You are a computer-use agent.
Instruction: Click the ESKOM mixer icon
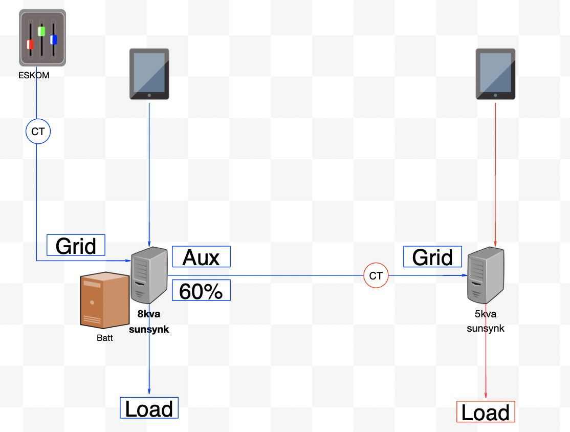(42, 38)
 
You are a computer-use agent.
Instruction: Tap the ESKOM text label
(34, 75)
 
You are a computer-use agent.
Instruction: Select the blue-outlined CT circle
(38, 132)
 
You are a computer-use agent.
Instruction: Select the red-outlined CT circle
(376, 276)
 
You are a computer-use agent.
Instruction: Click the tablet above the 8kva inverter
(149, 74)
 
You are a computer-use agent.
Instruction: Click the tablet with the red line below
(495, 74)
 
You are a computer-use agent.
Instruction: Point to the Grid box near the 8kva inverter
(76, 245)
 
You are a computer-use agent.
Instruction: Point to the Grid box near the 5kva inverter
(432, 256)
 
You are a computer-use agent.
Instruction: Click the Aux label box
(201, 256)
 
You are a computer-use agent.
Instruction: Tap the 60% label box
(201, 290)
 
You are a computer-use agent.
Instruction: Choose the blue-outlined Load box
(149, 408)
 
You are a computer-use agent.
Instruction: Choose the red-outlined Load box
(485, 412)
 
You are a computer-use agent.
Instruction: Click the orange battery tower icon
(105, 300)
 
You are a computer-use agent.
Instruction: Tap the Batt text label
(104, 338)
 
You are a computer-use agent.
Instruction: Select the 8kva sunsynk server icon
(149, 275)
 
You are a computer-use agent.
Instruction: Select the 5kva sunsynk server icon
(486, 275)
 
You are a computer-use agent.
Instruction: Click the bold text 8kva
(148, 314)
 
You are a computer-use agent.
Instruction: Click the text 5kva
(485, 314)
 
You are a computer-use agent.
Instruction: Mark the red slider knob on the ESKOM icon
(30, 45)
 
